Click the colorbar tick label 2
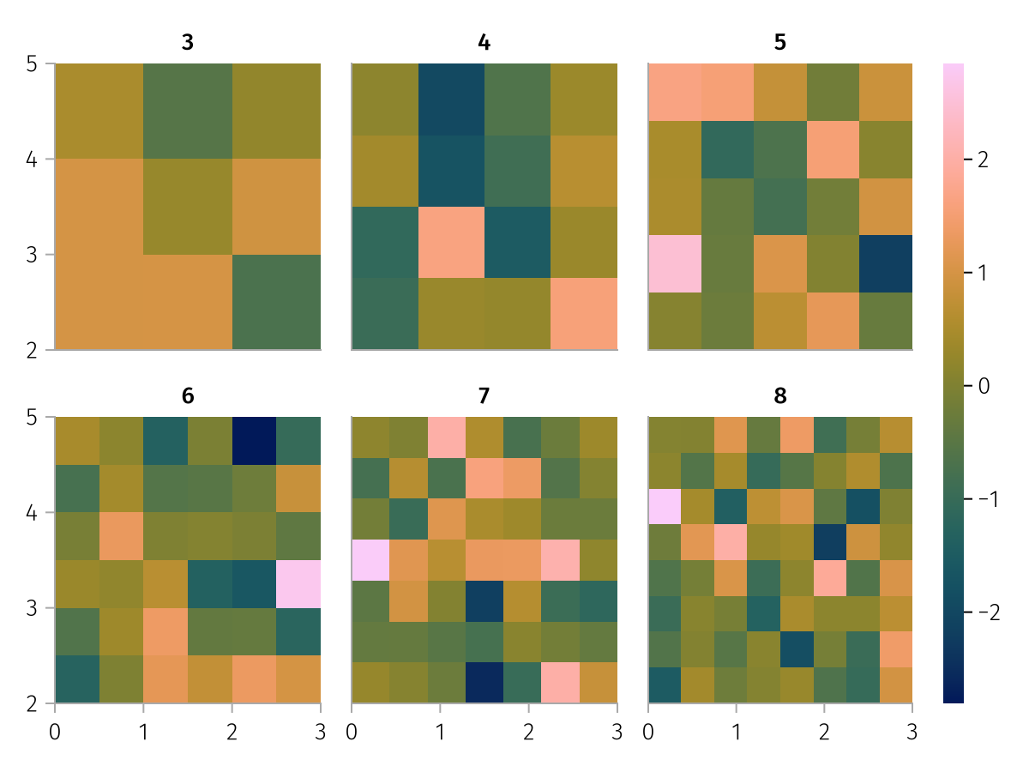pyautogui.click(x=983, y=160)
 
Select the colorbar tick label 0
pyautogui.click(x=983, y=386)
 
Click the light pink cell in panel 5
pyautogui.click(x=674, y=263)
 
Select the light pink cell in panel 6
pyautogui.click(x=298, y=583)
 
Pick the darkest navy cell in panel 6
pyautogui.click(x=254, y=441)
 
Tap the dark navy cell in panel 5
pyautogui.click(x=886, y=263)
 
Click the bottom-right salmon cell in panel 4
pyautogui.click(x=583, y=313)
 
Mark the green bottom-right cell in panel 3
pyautogui.click(x=276, y=302)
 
